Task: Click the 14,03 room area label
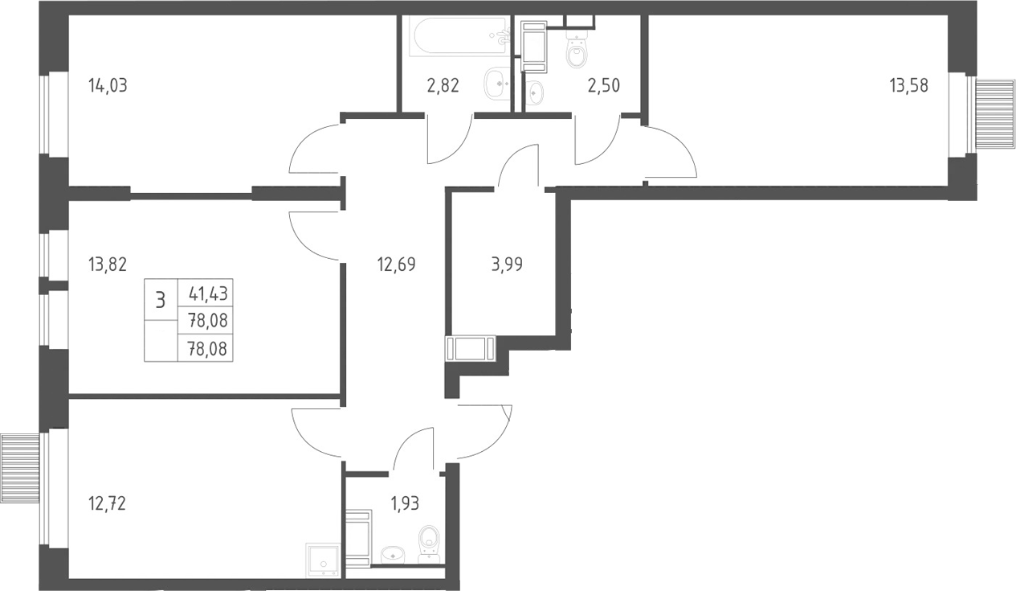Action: click(108, 85)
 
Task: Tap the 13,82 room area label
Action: click(108, 265)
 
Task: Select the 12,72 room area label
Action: click(107, 504)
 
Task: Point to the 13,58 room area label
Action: click(909, 85)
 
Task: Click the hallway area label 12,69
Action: click(397, 265)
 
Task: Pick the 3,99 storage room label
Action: click(507, 265)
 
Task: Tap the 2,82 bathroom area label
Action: click(443, 85)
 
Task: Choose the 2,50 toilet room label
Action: click(604, 85)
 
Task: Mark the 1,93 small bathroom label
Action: click(405, 504)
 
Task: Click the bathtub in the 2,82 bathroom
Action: click(458, 37)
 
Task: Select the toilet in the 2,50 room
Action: click(577, 51)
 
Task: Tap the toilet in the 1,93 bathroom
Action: click(429, 544)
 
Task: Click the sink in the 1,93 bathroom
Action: click(392, 555)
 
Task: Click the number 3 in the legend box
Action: click(160, 300)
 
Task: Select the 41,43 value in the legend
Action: click(208, 294)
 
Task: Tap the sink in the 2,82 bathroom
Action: click(497, 83)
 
